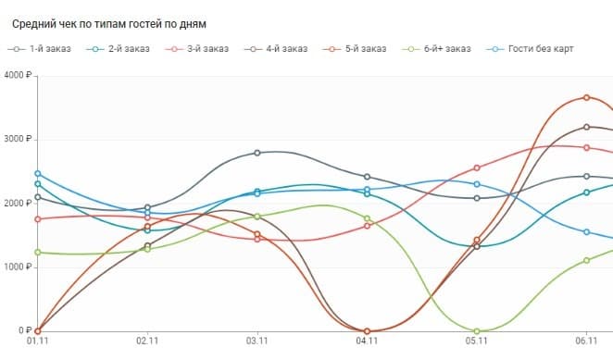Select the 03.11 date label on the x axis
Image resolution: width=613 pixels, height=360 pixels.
pyautogui.click(x=257, y=341)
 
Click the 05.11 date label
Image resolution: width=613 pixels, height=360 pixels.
pyautogui.click(x=477, y=341)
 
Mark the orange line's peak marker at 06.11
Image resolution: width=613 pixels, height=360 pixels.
pyautogui.click(x=586, y=97)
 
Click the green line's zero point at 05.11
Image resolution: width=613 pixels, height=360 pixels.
pyautogui.click(x=477, y=330)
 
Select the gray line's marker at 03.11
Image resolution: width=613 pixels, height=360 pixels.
pyautogui.click(x=257, y=153)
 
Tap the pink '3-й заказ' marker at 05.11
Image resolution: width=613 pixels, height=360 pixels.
pyautogui.click(x=477, y=168)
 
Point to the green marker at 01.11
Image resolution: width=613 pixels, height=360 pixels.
pyautogui.click(x=38, y=252)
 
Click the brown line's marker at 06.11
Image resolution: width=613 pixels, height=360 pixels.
pyautogui.click(x=586, y=127)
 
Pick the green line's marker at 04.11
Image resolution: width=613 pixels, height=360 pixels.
pyautogui.click(x=368, y=218)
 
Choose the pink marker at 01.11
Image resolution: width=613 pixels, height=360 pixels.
pyautogui.click(x=38, y=218)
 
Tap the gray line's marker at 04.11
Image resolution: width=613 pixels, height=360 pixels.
pyautogui.click(x=368, y=176)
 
